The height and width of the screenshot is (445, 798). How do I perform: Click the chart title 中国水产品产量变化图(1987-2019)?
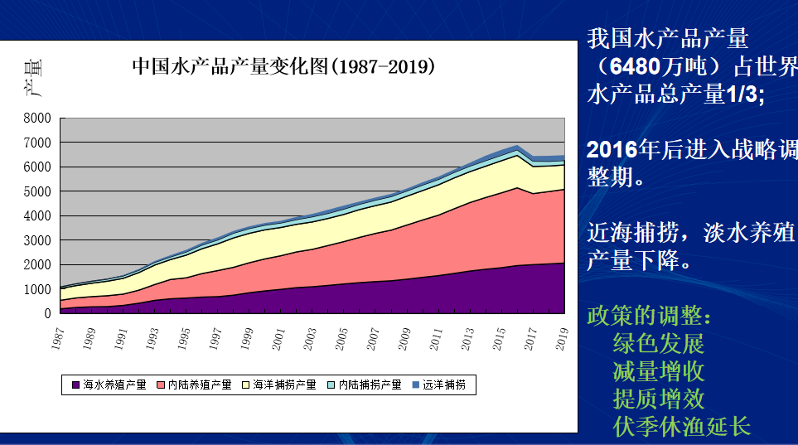(x=283, y=66)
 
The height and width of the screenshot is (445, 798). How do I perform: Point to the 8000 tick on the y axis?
(x=38, y=118)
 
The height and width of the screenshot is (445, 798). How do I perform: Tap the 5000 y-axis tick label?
(x=38, y=191)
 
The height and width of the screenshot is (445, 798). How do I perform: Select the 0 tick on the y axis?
(x=48, y=314)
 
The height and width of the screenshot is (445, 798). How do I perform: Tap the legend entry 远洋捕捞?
(x=444, y=385)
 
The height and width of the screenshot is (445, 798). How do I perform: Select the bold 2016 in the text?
(x=612, y=150)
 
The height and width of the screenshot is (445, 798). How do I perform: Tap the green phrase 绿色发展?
(x=659, y=343)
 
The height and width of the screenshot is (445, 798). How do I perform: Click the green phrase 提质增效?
(x=659, y=399)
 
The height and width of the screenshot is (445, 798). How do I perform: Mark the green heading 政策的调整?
(x=649, y=316)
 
